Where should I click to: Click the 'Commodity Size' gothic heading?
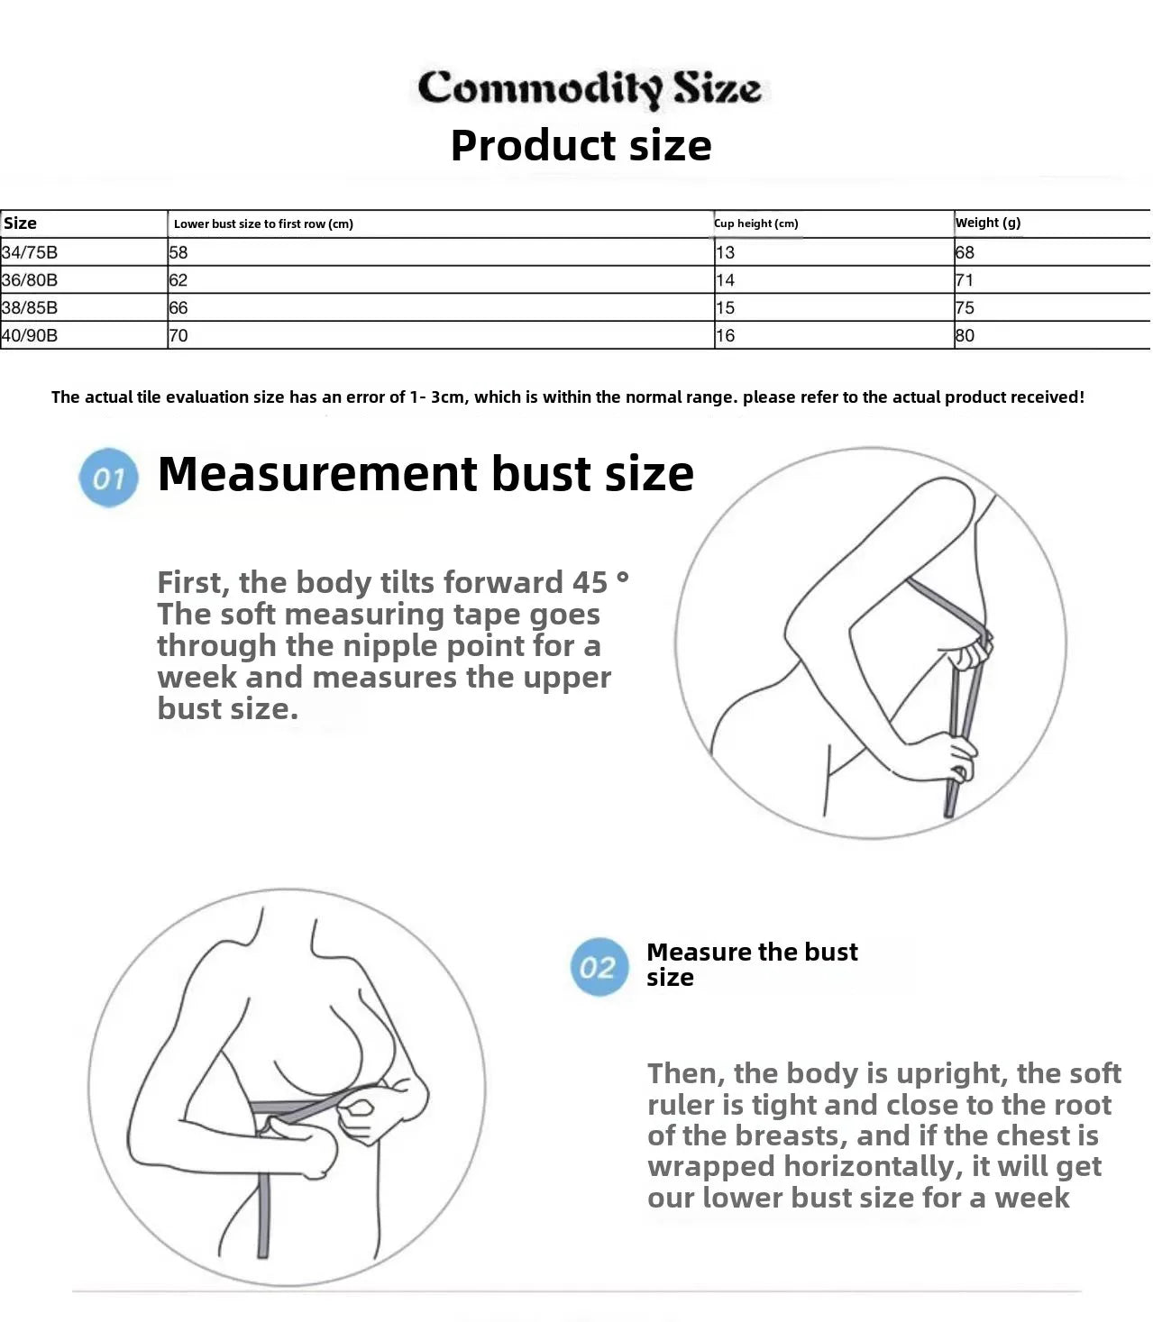point(589,88)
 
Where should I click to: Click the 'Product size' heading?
point(581,145)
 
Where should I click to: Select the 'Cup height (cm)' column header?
point(756,223)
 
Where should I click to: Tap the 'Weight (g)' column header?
point(988,223)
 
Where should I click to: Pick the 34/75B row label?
point(30,252)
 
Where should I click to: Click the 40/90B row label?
point(30,335)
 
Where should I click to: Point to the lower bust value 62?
point(178,280)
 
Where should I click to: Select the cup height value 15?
point(726,308)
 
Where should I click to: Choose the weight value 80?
point(965,335)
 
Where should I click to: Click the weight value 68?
point(965,252)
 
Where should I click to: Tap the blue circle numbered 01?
point(108,478)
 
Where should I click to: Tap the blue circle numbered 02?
point(599,967)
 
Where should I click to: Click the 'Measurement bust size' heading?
point(426,474)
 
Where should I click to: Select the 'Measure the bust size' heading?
point(752,964)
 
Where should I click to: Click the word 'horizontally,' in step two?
point(874,1166)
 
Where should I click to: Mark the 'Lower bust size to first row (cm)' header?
point(263,224)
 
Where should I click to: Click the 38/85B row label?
point(30,308)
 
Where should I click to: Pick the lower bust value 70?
point(178,335)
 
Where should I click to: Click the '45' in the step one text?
point(590,583)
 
